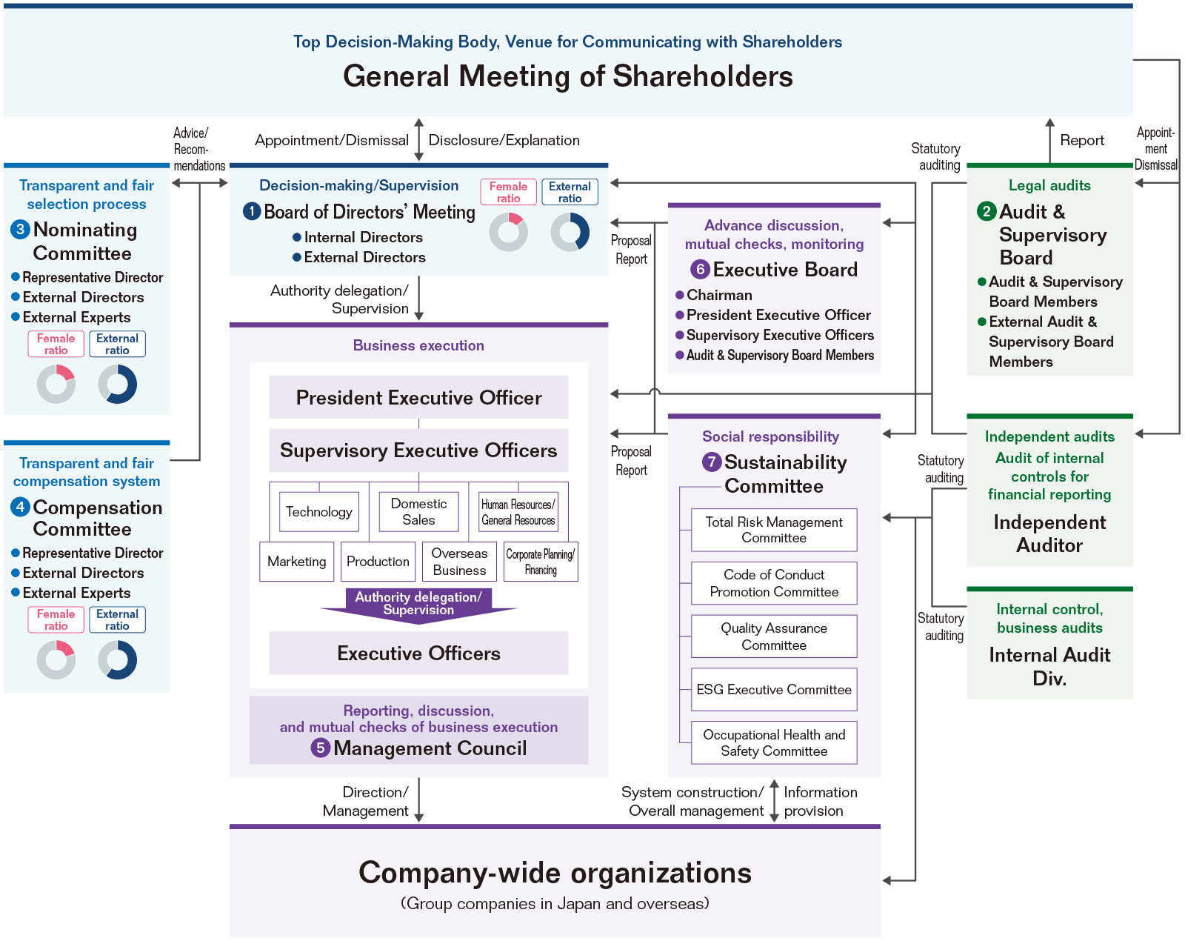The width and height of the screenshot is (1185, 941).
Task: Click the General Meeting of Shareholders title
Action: [568, 76]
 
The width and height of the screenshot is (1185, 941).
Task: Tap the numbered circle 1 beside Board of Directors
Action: [252, 212]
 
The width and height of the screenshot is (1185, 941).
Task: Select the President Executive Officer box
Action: [418, 398]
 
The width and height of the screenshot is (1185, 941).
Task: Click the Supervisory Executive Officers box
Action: [418, 450]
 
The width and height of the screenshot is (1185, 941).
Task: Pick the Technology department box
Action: [319, 512]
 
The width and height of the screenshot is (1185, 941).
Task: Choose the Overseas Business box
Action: [459, 562]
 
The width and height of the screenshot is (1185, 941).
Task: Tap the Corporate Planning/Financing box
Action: [541, 562]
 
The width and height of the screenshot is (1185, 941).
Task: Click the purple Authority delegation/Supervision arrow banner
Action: [418, 604]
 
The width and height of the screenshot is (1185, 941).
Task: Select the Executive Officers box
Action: [418, 654]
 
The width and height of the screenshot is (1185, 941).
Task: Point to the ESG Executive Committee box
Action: [774, 690]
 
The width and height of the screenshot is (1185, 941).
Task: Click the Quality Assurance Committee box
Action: [774, 636]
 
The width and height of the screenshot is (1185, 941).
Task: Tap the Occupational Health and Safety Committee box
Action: [774, 742]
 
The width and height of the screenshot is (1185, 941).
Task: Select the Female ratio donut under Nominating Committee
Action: [56, 385]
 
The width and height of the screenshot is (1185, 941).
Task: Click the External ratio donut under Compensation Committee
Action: [118, 659]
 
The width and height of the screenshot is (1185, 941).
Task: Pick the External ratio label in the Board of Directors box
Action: [570, 193]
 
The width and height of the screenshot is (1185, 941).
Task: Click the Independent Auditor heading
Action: [1049, 533]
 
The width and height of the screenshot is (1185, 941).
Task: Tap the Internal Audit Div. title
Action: [1049, 666]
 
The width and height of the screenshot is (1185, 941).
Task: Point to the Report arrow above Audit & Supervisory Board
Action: [1049, 140]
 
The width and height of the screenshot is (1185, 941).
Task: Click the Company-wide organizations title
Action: [555, 873]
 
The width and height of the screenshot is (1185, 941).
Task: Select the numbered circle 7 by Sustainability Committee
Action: [711, 462]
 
